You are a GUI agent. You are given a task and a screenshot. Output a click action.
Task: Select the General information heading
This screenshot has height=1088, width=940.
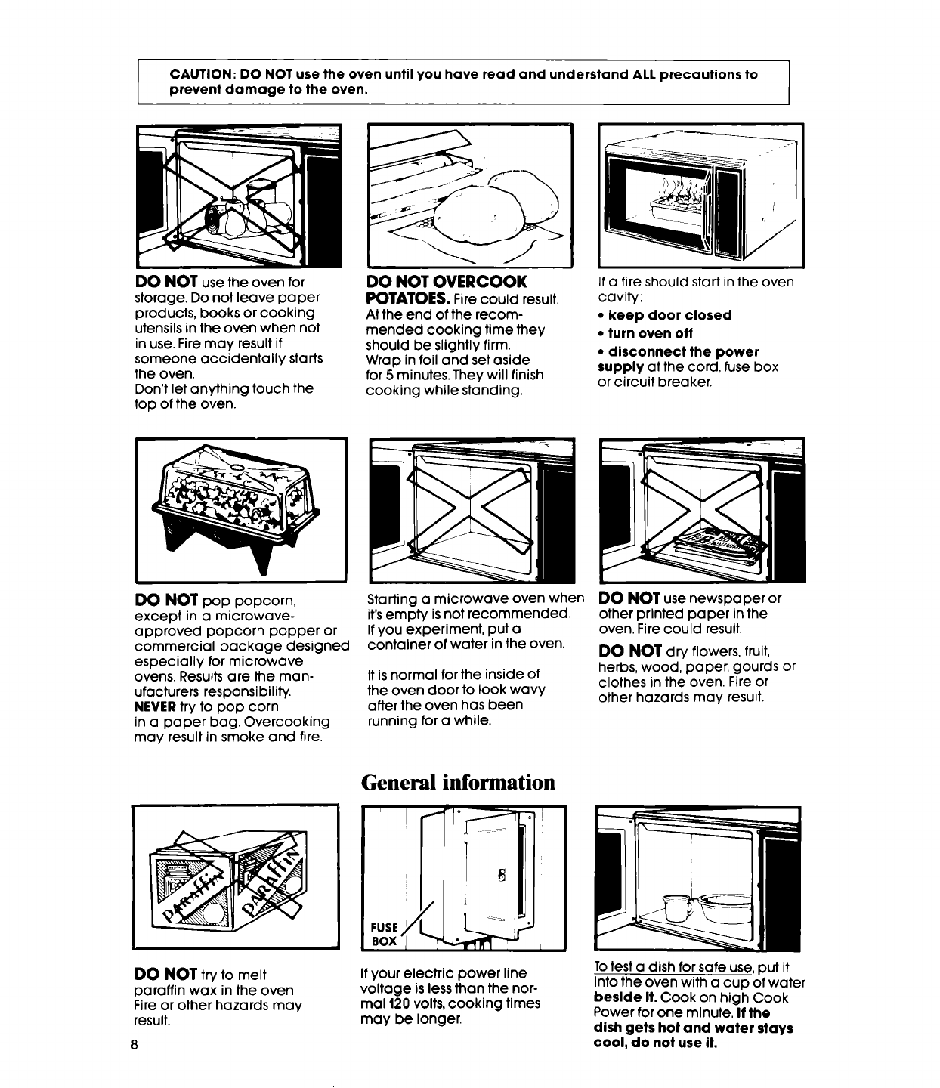coord(458,782)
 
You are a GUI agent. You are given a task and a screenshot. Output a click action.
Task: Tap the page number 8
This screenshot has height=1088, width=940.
coord(134,1043)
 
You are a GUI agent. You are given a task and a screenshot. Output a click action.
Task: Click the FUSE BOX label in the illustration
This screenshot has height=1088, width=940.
coord(385,935)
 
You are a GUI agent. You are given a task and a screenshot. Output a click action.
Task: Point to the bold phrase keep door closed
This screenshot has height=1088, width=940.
coord(669,315)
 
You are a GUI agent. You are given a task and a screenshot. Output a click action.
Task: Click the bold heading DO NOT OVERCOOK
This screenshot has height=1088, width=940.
coord(446,282)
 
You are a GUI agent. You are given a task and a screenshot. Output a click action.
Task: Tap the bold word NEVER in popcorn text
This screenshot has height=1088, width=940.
coord(154,706)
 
